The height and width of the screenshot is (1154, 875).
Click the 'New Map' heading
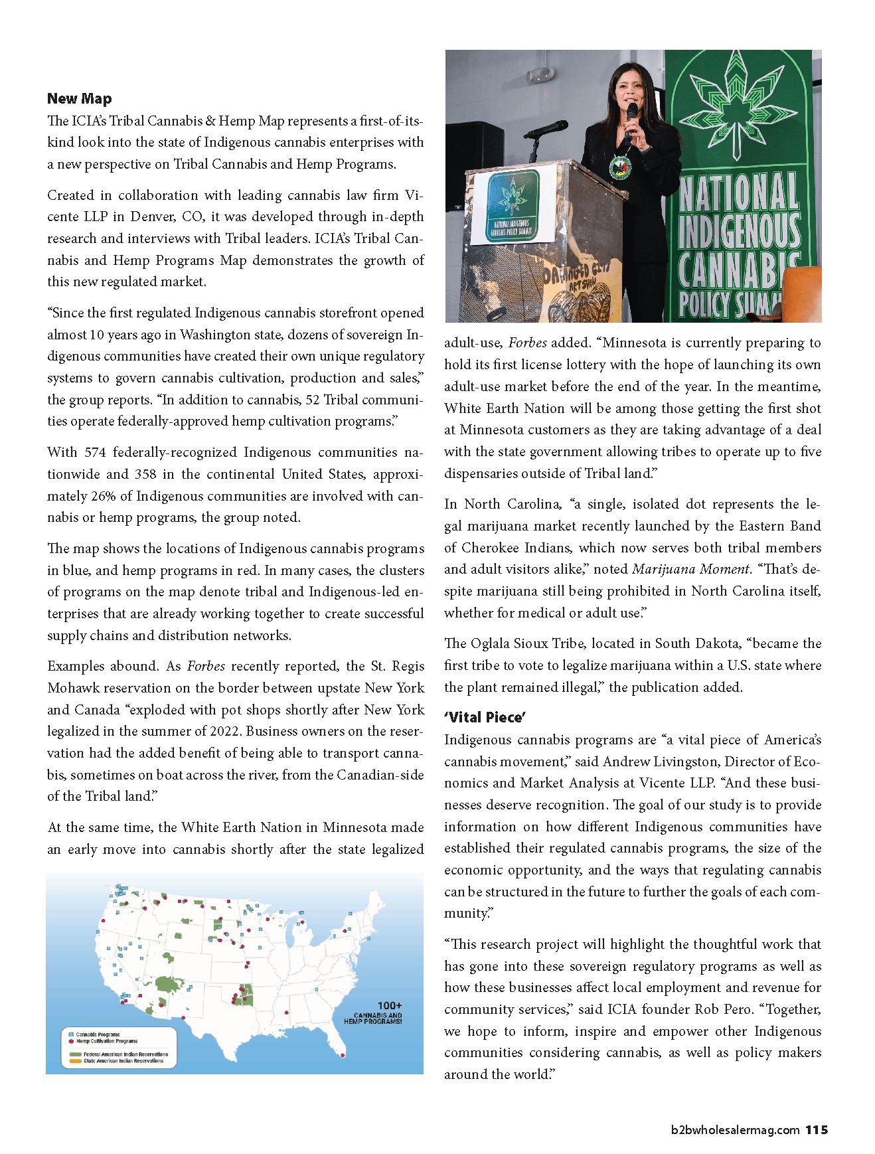coord(79,99)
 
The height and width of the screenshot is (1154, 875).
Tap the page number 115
coord(817,1129)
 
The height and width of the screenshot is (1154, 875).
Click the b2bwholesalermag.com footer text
coord(735,1130)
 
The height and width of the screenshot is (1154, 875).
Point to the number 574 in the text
coord(95,453)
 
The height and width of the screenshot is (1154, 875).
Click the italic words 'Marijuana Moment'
coord(691,569)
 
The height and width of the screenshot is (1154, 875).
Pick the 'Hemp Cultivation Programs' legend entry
coord(106,1041)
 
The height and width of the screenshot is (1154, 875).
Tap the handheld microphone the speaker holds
coord(631,116)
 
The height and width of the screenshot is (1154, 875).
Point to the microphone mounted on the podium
coord(546,129)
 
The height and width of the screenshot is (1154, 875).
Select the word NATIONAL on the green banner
coord(738,193)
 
